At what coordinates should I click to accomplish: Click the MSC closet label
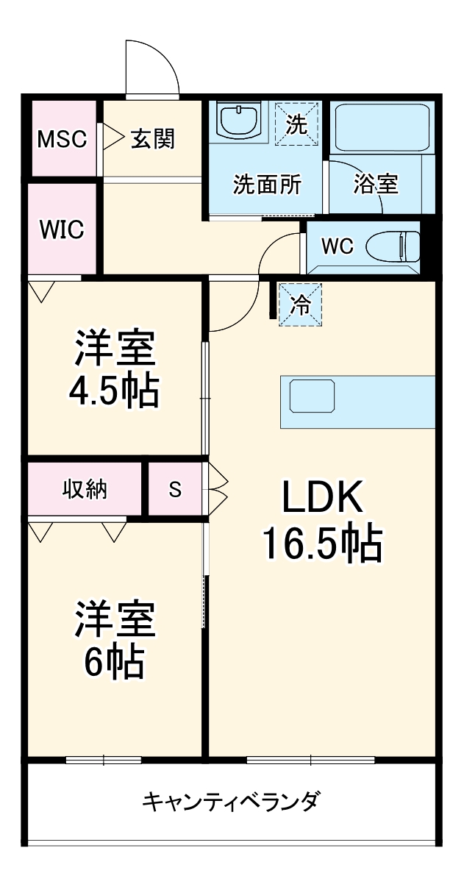[63, 139]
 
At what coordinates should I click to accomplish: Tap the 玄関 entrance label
[153, 138]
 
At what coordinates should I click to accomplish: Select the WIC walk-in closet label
[62, 229]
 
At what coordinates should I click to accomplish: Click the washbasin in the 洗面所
[240, 121]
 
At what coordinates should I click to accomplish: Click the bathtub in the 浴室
[382, 127]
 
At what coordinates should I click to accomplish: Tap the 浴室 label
[376, 184]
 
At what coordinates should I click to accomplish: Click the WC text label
[338, 246]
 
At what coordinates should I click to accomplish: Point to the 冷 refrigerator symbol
[301, 304]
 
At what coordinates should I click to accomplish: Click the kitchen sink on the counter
[312, 396]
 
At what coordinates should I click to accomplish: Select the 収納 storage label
[85, 489]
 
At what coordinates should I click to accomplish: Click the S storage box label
[175, 489]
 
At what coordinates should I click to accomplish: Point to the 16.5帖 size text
[323, 546]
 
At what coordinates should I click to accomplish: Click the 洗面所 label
[267, 184]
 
